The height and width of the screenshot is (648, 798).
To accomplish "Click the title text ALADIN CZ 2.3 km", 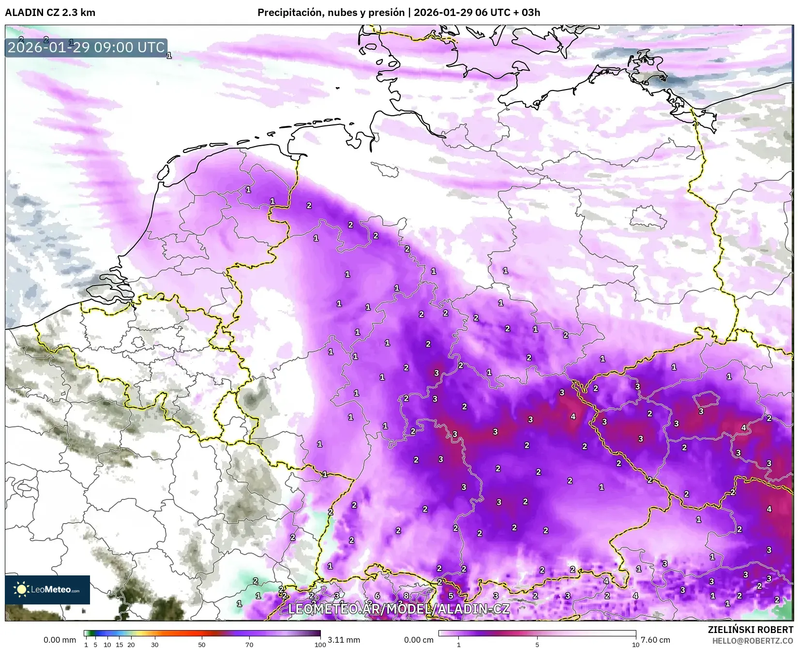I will [x=50, y=13].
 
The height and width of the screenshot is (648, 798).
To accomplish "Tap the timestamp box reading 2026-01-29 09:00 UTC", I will [x=86, y=47].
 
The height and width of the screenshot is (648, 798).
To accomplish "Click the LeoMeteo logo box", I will [x=47, y=589].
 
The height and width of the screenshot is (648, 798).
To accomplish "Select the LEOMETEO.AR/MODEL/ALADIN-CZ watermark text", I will [x=398, y=609].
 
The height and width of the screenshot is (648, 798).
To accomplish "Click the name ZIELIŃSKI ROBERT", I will [x=750, y=630].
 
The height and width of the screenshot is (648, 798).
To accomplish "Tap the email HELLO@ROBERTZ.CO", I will [x=752, y=640].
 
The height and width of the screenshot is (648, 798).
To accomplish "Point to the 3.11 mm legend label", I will [x=344, y=640].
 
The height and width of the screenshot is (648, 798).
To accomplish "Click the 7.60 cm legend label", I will [x=655, y=640].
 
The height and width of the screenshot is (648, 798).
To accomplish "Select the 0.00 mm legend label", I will [x=60, y=640].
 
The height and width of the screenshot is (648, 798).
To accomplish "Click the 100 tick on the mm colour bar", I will [x=320, y=645].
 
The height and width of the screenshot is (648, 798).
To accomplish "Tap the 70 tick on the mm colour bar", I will [x=249, y=645].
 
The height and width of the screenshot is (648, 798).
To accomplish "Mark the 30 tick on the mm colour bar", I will [x=155, y=645].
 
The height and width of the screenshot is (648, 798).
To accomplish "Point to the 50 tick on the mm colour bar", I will [x=202, y=645].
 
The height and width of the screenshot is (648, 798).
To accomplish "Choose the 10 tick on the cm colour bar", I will [x=635, y=645].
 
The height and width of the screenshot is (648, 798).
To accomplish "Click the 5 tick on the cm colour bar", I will [x=537, y=645].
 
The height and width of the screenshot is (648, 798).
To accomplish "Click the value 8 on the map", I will [x=406, y=596].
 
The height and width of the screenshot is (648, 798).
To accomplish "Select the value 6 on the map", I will [x=377, y=596].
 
